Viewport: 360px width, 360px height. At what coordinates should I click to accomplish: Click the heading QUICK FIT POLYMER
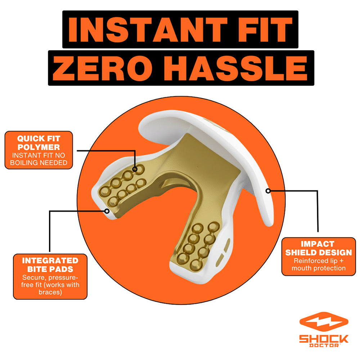point(39,143)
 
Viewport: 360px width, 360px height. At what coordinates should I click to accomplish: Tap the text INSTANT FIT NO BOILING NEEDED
point(39,159)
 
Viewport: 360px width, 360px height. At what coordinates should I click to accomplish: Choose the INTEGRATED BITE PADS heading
point(50,265)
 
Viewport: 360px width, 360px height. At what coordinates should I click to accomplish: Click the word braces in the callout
point(50,292)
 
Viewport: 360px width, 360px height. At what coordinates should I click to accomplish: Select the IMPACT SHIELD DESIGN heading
point(318,248)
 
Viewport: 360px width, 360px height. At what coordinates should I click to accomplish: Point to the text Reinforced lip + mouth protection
point(318,265)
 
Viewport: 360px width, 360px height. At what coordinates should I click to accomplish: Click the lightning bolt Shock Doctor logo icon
point(324,322)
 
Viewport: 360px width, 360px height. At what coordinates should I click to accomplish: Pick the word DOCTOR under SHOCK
point(324,346)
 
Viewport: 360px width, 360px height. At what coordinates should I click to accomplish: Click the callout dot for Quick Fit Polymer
point(135,169)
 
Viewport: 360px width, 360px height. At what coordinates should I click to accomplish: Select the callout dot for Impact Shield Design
point(268,191)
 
